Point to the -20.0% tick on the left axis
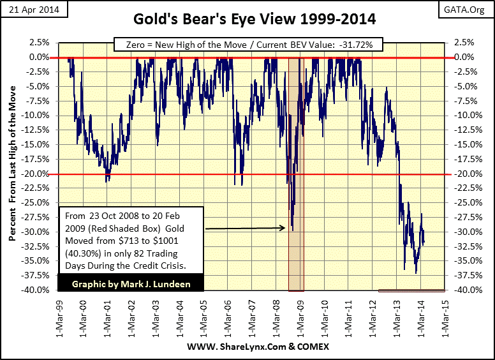coord(40,174)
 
